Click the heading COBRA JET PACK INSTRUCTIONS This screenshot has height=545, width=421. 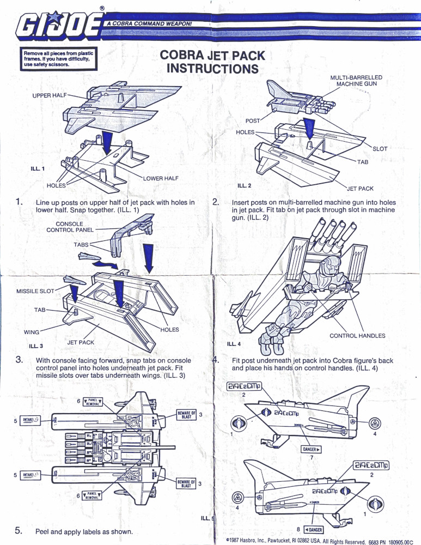click(212, 62)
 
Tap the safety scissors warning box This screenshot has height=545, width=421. click(59, 59)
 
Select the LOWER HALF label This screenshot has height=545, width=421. click(161, 178)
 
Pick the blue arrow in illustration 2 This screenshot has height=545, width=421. click(309, 127)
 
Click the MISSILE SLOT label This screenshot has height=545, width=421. click(36, 291)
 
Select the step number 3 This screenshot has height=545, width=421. click(19, 359)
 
